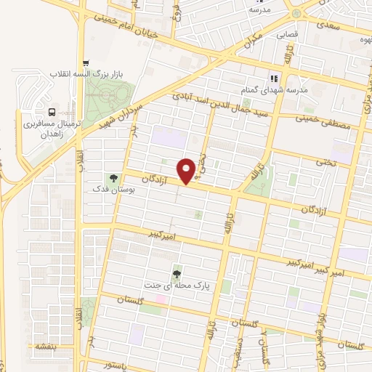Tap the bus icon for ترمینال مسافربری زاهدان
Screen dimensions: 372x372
52,113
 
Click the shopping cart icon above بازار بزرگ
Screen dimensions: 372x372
86,63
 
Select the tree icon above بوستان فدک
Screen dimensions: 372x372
113,177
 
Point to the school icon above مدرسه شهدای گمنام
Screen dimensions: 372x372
274,78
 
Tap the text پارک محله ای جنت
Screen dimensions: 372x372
177,286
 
